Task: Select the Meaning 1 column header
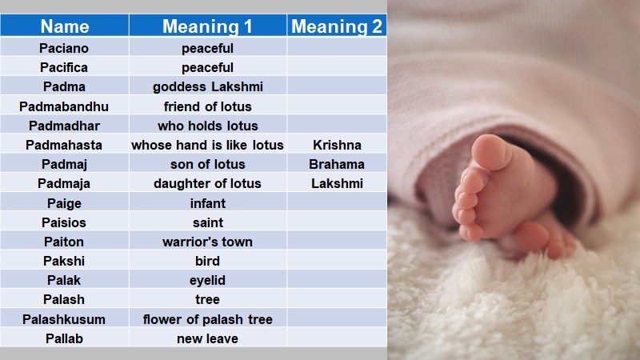207,26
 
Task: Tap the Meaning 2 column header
337,26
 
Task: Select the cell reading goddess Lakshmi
207,86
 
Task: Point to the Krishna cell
337,145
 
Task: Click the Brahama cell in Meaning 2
337,164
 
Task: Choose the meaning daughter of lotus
207,183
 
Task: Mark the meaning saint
207,222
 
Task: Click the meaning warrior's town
207,242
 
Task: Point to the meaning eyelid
207,280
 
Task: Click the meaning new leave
207,338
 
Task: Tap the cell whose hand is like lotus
207,145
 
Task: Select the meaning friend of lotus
207,106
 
